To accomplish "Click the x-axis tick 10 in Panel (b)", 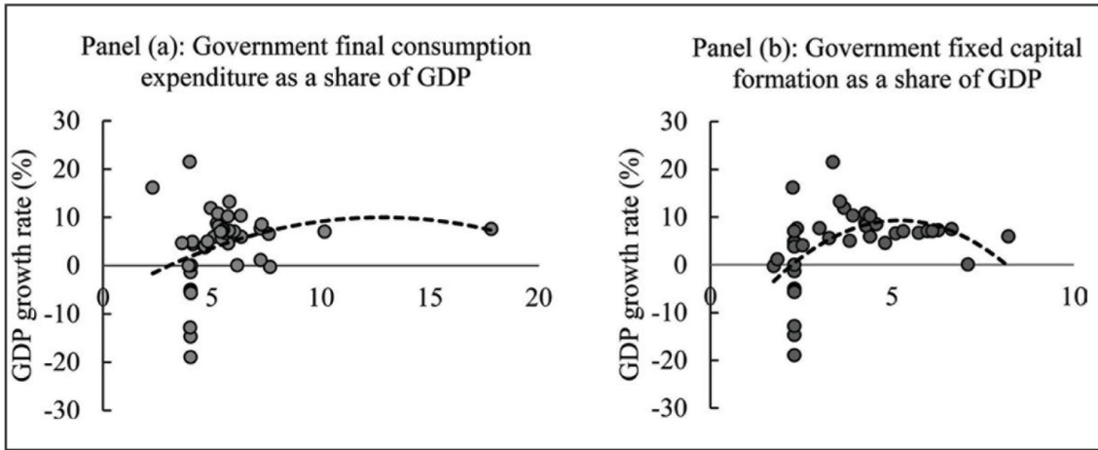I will pos(1071,297).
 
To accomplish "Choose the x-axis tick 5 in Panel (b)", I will pos(892,297).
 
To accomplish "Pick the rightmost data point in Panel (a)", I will pos(491,229).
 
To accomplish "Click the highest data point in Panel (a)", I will pos(190,162).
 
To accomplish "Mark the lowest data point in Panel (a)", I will pos(190,356).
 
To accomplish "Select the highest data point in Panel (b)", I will pos(832,162).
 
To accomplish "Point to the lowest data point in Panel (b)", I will pos(794,356).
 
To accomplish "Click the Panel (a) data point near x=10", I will pos(324,231).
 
